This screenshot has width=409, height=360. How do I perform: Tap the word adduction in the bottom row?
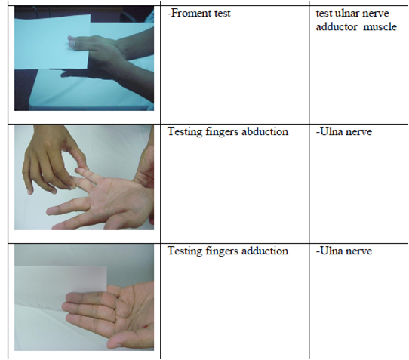[x=264, y=251]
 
